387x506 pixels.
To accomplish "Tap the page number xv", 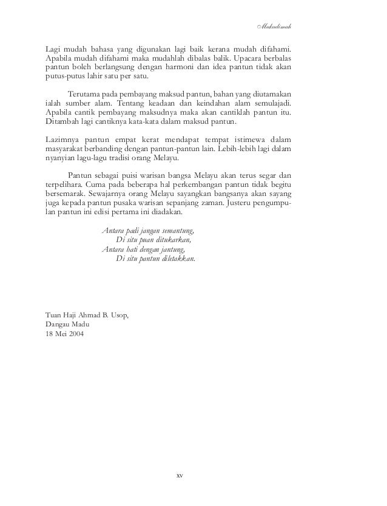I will pos(179,475).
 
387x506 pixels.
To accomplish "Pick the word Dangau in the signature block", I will pos(59,326).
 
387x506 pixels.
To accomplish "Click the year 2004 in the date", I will pos(76,336).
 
